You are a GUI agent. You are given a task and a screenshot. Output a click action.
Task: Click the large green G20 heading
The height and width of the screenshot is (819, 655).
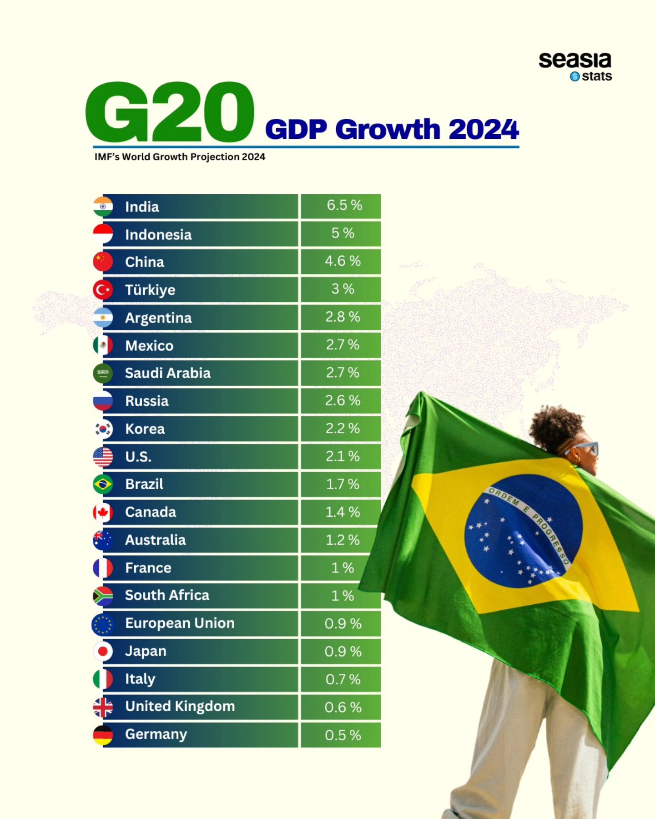pos(169,112)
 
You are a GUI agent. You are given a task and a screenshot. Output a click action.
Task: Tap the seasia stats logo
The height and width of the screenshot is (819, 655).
pos(575,66)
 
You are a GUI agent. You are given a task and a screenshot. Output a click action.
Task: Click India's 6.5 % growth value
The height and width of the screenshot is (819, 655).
pos(344,205)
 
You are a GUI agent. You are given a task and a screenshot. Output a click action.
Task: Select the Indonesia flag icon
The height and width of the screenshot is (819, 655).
pos(103,234)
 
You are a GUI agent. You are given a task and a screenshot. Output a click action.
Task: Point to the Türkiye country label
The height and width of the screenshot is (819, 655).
pos(150,290)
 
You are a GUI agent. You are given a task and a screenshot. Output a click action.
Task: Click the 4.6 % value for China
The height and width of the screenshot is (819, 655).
pos(343,261)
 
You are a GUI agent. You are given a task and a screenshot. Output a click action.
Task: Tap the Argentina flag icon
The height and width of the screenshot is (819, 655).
pos(103,318)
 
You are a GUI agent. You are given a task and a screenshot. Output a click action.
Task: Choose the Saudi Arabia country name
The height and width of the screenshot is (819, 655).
pos(167,373)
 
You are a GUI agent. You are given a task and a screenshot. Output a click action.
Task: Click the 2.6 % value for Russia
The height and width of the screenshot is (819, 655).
pos(343,400)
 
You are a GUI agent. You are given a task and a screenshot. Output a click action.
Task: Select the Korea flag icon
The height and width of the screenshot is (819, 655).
pos(103,429)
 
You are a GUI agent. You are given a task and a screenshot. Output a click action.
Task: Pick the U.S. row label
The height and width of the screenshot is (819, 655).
pos(138,456)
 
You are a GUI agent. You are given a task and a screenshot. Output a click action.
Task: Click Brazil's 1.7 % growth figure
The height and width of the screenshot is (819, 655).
pos(343,484)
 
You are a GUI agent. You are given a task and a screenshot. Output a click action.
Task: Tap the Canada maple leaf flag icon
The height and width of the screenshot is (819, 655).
pos(103,512)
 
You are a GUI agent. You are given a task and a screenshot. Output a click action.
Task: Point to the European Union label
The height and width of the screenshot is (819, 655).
pos(180,623)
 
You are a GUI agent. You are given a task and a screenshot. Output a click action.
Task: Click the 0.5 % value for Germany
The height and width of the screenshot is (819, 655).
pos(343,735)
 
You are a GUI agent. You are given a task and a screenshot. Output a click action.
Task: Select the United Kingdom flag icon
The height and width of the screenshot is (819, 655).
pos(103,708)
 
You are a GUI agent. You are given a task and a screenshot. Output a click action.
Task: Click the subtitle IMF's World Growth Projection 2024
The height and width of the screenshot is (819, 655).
pos(180,157)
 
